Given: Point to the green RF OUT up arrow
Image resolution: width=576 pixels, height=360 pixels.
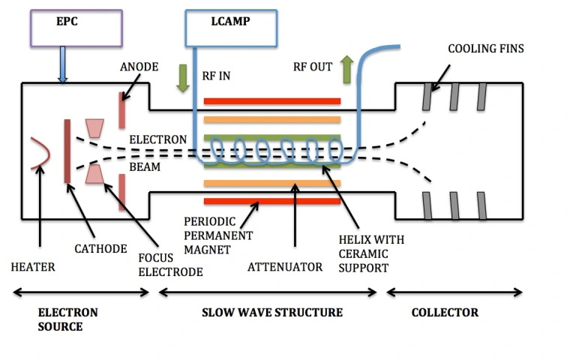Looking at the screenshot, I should pos(346,70).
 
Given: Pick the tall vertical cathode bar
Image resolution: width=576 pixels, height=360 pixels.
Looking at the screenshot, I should pos(68,150).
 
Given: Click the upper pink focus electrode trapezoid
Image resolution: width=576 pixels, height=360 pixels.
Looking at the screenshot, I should pos(95,128).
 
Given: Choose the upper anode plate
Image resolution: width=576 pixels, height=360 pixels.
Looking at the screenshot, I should pos(122,109).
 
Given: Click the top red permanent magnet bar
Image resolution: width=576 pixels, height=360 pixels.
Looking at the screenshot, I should pos(271,100).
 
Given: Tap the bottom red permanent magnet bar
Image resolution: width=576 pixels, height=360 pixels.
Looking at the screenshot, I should pos(271,201).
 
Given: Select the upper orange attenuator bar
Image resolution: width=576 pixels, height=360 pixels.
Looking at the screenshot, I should pos(271,118).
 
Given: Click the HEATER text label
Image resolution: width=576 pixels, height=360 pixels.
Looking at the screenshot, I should pos(33,266).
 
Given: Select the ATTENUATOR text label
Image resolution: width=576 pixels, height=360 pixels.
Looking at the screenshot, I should pos(295,266).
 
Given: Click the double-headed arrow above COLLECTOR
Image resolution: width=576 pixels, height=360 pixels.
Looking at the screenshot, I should pos(454,291).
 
